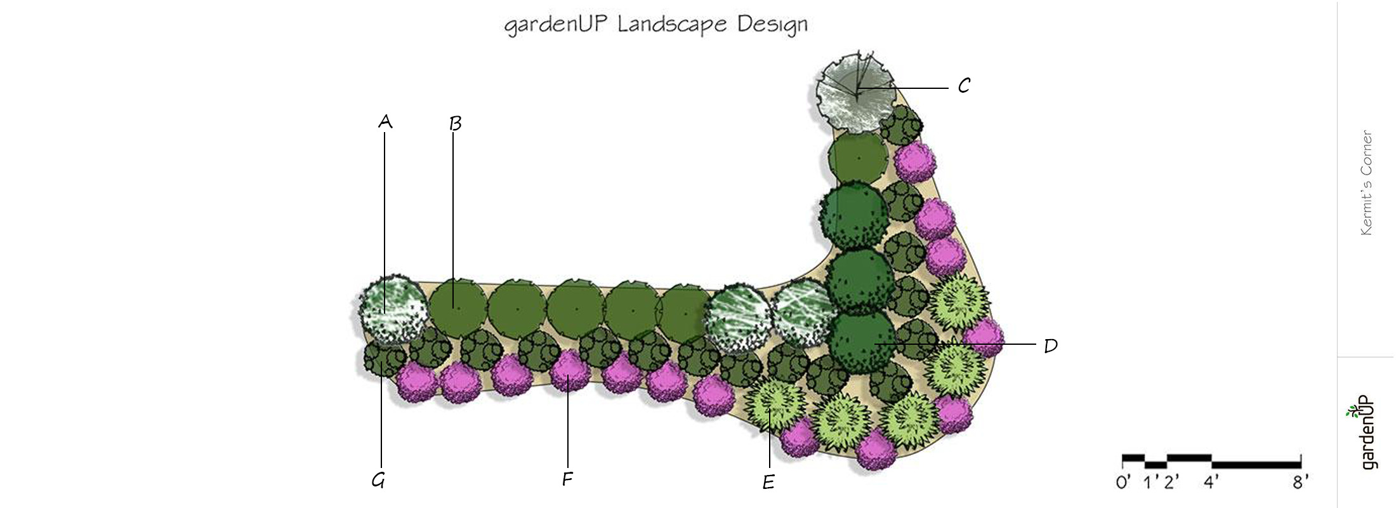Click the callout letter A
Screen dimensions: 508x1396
coord(385,121)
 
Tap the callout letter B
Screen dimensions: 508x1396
coord(455,123)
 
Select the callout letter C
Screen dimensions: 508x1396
coord(964,86)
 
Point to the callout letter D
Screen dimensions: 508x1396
coord(1051,346)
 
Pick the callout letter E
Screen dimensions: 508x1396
coord(768,483)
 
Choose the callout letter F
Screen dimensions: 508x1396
coord(567,479)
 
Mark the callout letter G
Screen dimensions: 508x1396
coord(378,481)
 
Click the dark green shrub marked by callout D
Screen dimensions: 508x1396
coord(862,342)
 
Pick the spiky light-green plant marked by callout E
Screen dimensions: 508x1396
coord(774,404)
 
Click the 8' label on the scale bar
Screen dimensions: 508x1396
coord(1300,483)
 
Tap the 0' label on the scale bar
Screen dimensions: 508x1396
coord(1123,483)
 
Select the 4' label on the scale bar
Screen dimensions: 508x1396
coord(1211,483)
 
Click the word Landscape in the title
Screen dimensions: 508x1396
coord(671,25)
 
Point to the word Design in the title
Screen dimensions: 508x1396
coord(772,25)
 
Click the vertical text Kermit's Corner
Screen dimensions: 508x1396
coord(1366,183)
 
